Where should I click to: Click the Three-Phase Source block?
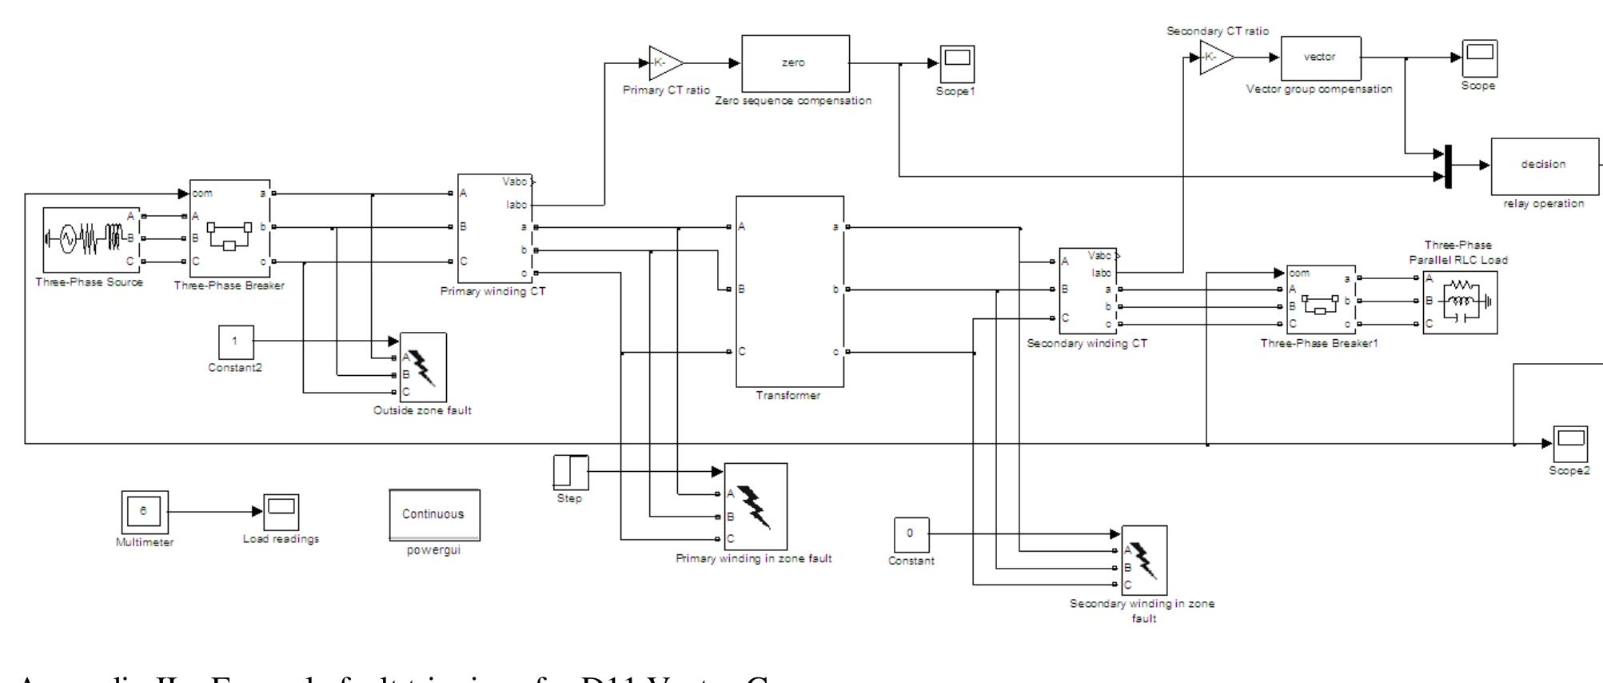[89, 239]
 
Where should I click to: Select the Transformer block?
[789, 291]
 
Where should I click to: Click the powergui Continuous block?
[434, 514]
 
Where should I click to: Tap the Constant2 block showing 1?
[236, 342]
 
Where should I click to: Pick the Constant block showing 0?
[911, 535]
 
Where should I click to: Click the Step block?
[571, 472]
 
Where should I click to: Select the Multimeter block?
[144, 512]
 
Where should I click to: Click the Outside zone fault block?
[423, 367]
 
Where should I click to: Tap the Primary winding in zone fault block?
[756, 505]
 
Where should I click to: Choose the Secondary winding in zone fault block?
[1144, 560]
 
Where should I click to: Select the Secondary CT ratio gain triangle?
[1216, 58]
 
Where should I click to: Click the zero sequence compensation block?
[795, 63]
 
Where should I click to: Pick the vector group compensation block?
[1321, 58]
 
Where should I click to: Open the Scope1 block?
[957, 64]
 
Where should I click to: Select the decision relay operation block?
[1543, 166]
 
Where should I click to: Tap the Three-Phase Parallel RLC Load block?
[1460, 302]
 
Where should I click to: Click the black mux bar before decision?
[1448, 166]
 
